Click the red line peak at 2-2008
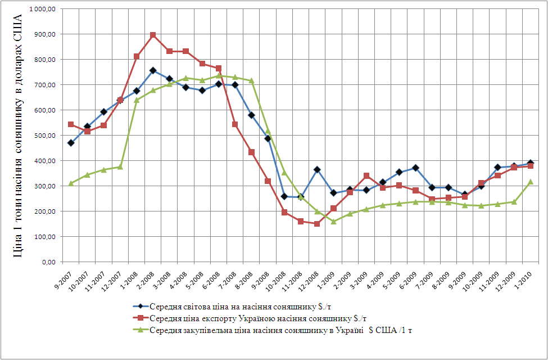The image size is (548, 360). [x=153, y=35]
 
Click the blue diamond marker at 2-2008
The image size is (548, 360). [x=153, y=70]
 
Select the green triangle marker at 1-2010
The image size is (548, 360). [x=531, y=182]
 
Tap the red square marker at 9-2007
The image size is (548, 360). [x=71, y=124]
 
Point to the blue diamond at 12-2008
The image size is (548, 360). [x=318, y=169]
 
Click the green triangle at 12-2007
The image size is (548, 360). [x=120, y=166]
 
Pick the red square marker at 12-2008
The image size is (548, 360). [x=318, y=223]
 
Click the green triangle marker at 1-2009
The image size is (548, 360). [x=334, y=221]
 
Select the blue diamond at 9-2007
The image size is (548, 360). [x=71, y=143]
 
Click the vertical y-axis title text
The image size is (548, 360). [x=18, y=135]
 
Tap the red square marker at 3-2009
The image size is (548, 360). [x=366, y=176]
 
